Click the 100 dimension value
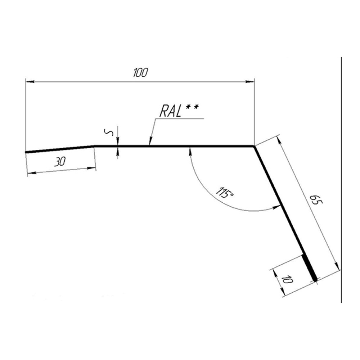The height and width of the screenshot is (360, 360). tap(140, 73)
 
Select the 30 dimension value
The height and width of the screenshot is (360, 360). tap(60, 162)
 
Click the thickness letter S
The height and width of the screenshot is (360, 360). tap(109, 132)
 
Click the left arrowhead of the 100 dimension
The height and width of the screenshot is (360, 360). tap(30, 81)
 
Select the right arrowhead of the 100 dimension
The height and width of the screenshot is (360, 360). tap(250, 81)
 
